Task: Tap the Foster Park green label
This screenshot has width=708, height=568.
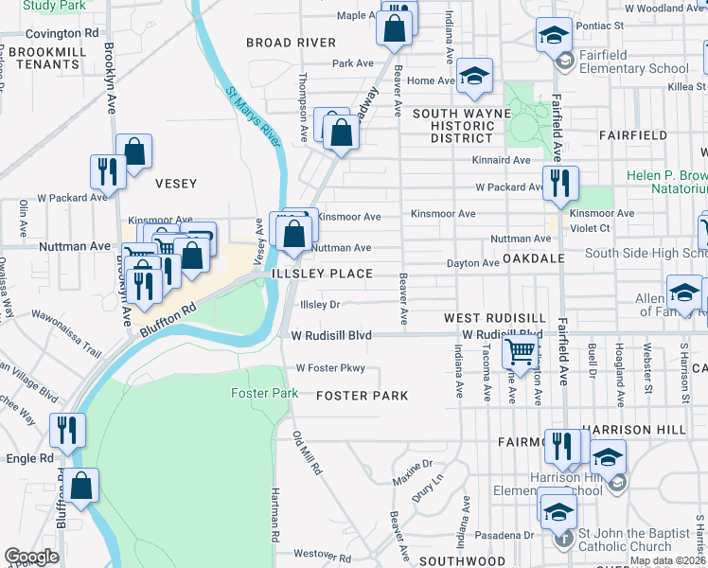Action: click(x=265, y=393)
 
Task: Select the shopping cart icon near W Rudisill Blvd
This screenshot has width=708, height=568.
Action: click(x=520, y=352)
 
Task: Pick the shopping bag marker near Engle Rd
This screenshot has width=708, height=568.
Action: click(x=83, y=486)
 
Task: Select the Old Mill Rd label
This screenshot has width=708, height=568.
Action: click(x=308, y=453)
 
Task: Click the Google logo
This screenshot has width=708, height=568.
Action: click(x=31, y=557)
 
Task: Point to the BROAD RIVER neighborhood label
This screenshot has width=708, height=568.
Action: click(x=291, y=43)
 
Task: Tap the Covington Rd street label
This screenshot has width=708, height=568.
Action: click(x=63, y=32)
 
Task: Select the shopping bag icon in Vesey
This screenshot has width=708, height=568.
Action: click(x=134, y=151)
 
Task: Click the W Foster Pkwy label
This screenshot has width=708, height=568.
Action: click(x=330, y=368)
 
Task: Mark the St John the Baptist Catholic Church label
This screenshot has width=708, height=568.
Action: click(x=625, y=539)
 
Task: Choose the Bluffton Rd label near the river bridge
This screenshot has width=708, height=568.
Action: click(x=168, y=320)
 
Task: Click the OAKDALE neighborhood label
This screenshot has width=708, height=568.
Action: click(x=534, y=257)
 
